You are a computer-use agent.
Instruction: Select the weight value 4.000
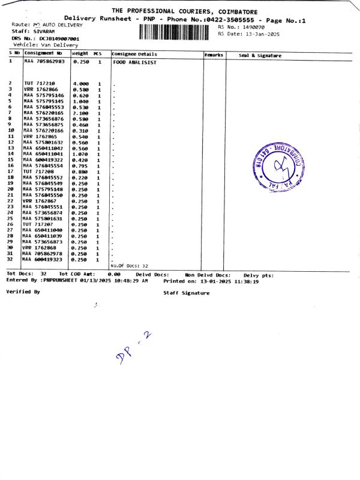(80, 83)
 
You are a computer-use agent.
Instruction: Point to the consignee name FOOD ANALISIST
(134, 62)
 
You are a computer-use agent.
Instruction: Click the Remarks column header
(214, 55)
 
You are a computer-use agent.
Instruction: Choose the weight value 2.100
(80, 113)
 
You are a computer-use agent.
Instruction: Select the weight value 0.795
(80, 166)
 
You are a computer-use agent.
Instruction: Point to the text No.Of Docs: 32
(129, 265)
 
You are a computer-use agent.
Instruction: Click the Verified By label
(23, 292)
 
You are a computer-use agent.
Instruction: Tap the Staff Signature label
(187, 293)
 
